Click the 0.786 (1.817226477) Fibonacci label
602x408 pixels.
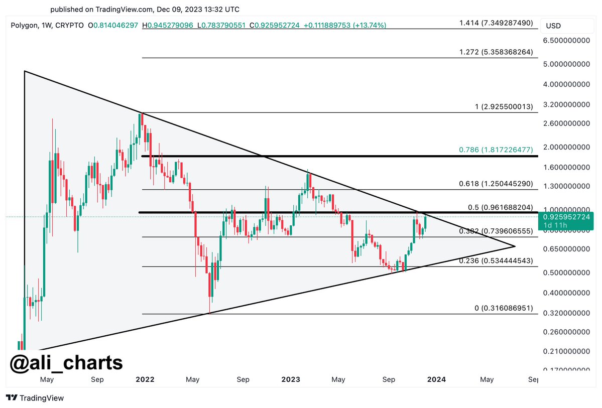point(496,150)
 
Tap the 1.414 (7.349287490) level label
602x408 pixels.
point(496,23)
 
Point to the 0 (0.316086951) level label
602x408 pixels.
point(504,308)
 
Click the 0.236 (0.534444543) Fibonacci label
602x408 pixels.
point(496,260)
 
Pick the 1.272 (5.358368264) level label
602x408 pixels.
point(496,52)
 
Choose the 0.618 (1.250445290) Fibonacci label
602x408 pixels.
point(496,184)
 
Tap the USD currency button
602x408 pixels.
point(553,26)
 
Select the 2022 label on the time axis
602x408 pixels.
point(145,380)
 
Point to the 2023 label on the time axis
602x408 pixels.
point(290,380)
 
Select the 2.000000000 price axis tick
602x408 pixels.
point(568,147)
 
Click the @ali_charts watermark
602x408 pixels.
point(66,362)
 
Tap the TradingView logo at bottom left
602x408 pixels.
point(35,398)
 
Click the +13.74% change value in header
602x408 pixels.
point(370,25)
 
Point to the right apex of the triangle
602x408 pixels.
point(515,246)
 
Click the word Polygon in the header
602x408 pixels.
point(24,25)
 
